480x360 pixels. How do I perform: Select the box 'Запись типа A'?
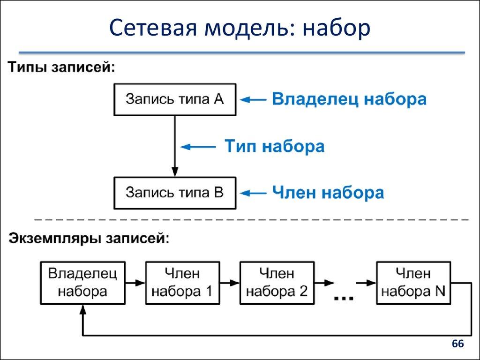175,99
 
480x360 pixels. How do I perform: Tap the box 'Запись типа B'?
175,193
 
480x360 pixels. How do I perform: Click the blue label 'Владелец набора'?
349,99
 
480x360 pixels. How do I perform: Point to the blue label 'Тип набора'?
274,146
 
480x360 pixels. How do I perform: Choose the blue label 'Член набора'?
328,193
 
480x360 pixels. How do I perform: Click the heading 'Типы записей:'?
61,67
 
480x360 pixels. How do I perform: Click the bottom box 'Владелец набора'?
82,282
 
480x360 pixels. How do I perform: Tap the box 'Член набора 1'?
182,282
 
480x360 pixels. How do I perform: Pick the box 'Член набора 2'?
277,282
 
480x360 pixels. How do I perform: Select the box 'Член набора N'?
413,282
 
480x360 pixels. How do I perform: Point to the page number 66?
457,345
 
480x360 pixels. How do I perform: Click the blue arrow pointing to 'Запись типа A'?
254,99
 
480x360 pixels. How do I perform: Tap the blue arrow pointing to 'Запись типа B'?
254,193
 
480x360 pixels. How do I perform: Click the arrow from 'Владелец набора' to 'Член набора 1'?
135,283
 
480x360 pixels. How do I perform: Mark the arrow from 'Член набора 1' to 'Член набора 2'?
229,283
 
